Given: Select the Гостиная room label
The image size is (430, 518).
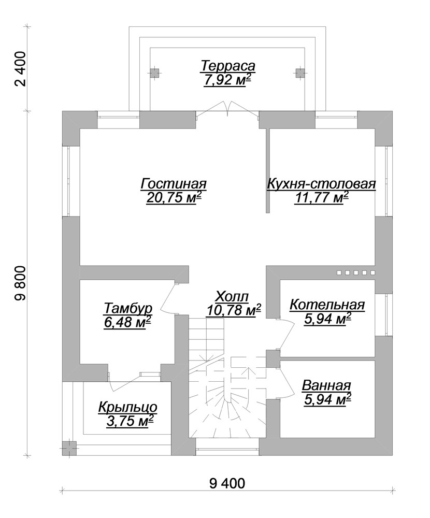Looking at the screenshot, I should click(174, 184).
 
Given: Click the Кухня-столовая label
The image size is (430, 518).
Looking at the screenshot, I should click(321, 184).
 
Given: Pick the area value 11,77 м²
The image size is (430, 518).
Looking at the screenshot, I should click(321, 198).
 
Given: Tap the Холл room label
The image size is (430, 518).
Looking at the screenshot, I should click(232, 297).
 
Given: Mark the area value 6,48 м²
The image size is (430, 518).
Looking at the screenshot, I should click(127, 321).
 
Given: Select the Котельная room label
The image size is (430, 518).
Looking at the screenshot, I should click(327, 305).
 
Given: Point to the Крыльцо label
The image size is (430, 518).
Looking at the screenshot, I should click(128, 408).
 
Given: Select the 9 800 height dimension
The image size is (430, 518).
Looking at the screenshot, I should click(21, 283).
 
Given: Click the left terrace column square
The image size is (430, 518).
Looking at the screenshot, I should click(154, 73).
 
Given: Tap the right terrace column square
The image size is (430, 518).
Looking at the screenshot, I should click(299, 73).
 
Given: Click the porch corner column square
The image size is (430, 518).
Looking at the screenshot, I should click(69, 448).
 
